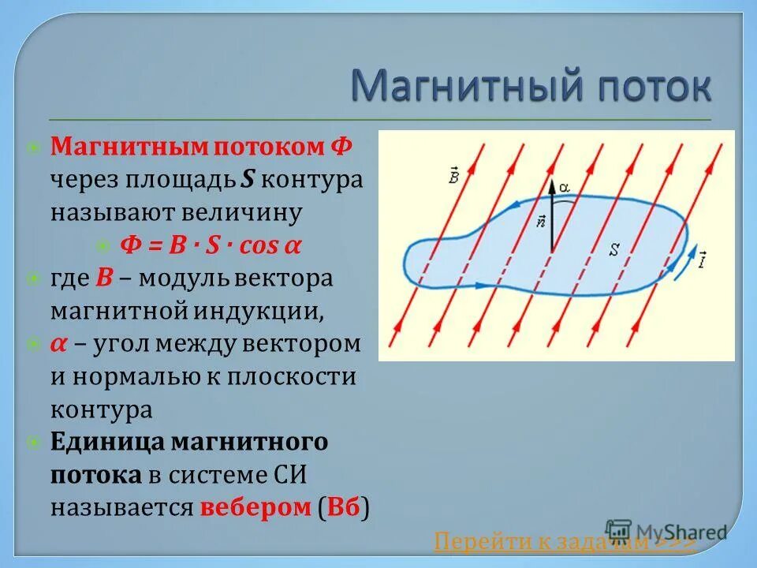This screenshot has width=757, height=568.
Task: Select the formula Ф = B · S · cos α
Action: click(211, 245)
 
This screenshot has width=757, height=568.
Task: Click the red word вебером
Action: click(255, 507)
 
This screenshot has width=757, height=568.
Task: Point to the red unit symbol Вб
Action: click(344, 507)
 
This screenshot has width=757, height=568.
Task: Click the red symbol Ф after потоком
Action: click(341, 146)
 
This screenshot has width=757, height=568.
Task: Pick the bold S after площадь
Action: click(247, 179)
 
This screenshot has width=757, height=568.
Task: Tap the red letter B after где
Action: click(104, 278)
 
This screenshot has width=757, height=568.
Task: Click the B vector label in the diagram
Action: click(454, 175)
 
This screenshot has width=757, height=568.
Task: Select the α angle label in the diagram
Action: click(565, 187)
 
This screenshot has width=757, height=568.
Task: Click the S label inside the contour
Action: click(614, 249)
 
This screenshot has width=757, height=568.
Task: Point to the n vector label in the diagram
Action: click(540, 221)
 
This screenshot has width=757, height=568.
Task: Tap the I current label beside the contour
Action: click(702, 260)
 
